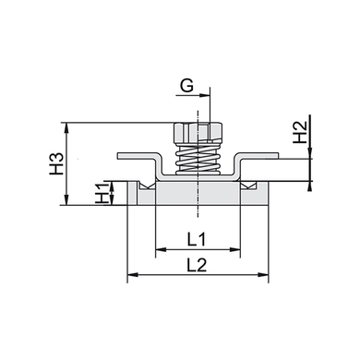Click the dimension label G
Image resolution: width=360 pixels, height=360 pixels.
(186, 86)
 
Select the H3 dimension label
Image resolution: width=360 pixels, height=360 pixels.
(56, 163)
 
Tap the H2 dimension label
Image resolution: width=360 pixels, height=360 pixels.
(300, 132)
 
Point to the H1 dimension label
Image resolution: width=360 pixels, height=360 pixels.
(102, 193)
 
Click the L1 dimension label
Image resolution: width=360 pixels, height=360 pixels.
(197, 239)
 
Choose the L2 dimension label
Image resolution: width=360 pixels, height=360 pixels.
(197, 265)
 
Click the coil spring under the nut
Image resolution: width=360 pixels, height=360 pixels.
(198, 160)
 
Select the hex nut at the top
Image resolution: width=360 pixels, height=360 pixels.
(198, 133)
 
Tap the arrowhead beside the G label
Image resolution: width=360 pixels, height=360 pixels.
(205, 95)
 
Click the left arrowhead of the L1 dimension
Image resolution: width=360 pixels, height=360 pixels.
(161, 249)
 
